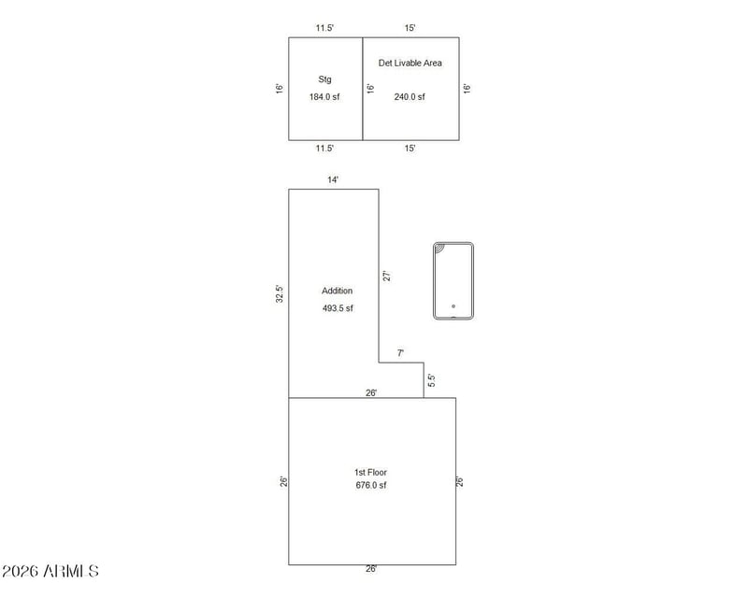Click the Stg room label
point(324,79)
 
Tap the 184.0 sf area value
point(324,97)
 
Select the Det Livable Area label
point(410,63)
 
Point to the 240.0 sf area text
point(410,97)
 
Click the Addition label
point(337,291)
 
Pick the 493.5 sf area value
point(338,308)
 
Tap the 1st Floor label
point(370,472)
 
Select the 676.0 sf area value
point(371,485)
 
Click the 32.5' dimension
point(280,293)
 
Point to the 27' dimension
point(387,277)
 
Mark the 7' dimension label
point(401,353)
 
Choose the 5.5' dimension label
point(432,380)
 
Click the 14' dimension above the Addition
point(333,179)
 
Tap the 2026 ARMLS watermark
point(50,571)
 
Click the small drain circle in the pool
point(453,306)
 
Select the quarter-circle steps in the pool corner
point(439,249)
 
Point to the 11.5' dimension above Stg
point(324,28)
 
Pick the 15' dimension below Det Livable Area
point(410,149)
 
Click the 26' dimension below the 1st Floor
point(371,568)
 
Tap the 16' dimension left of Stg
point(280,88)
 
